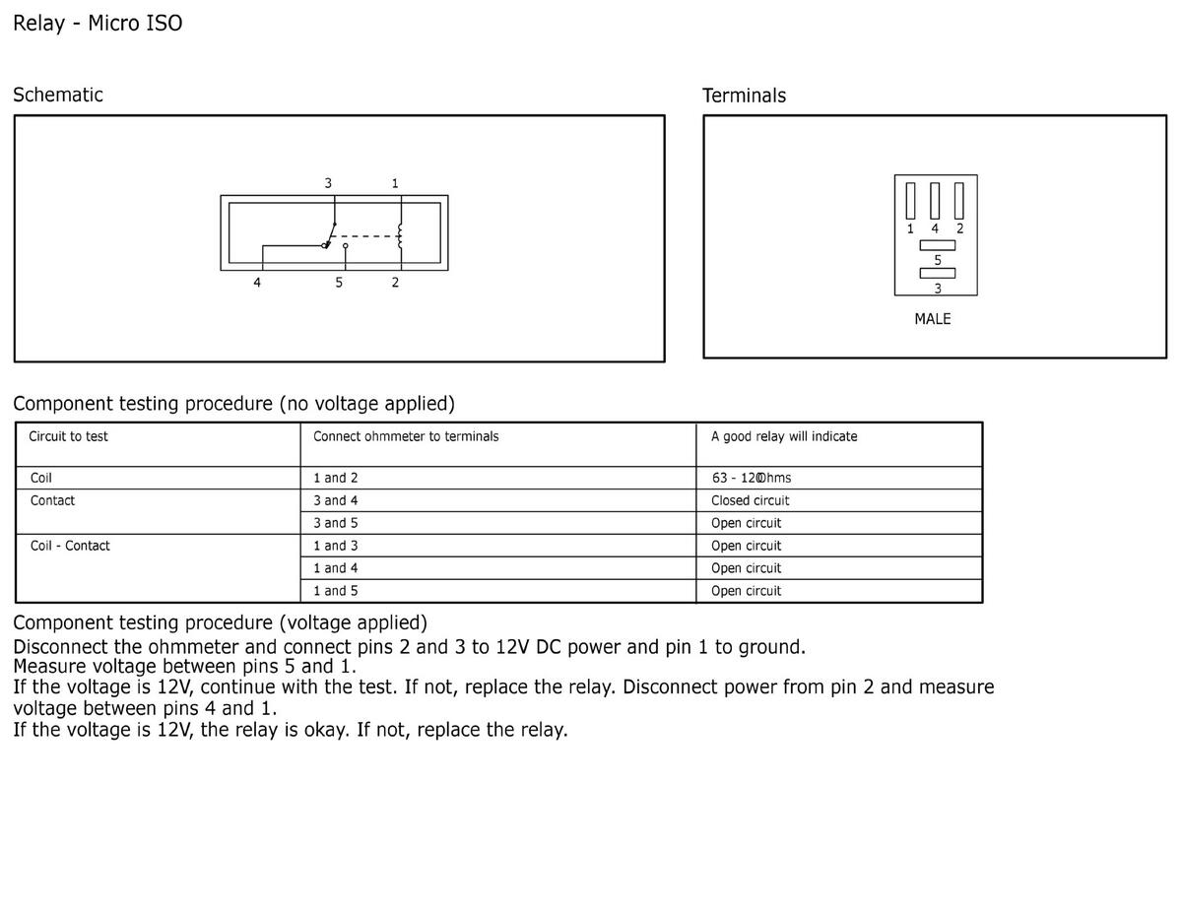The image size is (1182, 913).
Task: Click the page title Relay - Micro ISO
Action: point(98,24)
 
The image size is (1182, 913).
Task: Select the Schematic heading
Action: point(58,95)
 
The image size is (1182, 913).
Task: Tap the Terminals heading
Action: point(744,96)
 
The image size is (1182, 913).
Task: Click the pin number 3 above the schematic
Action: point(328,183)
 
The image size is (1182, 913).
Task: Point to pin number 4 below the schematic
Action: point(257,283)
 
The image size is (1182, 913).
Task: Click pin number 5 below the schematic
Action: point(339,283)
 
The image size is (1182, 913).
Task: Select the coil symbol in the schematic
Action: point(400,236)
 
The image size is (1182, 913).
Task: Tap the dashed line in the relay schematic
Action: point(364,236)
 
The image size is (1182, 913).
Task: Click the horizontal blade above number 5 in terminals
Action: point(937,245)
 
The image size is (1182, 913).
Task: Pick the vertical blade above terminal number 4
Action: point(935,201)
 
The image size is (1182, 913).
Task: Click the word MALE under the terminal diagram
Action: point(933,319)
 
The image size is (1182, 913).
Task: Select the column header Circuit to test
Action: point(68,436)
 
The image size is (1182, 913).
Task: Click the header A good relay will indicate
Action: point(784,436)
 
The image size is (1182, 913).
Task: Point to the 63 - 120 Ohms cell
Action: point(752,478)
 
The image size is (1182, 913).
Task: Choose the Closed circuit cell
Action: point(751,500)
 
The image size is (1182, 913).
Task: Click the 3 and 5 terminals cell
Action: point(336,523)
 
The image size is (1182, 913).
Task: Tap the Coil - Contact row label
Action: point(70,546)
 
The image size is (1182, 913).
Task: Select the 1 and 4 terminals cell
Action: point(336,567)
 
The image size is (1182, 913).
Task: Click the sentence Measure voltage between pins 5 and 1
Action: point(184,666)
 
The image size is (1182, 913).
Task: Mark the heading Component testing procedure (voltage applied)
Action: point(221,622)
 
